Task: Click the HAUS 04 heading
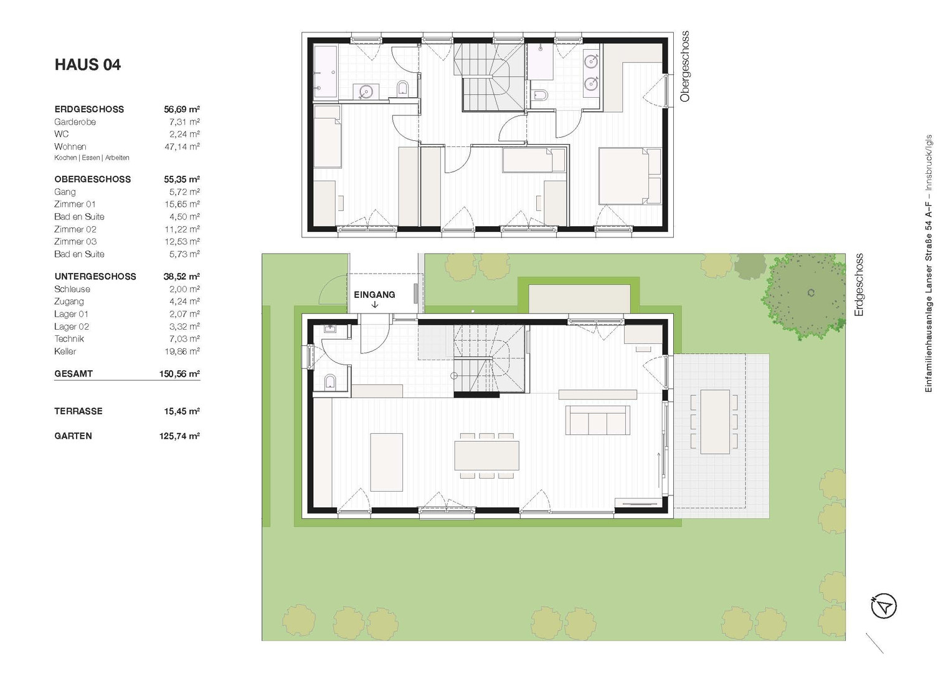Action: click(88, 65)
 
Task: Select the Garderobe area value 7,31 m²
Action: click(184, 122)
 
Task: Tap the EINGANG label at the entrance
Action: click(374, 294)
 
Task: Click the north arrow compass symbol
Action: click(884, 606)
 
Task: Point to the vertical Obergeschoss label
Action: click(684, 66)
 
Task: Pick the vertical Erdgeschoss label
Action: click(859, 285)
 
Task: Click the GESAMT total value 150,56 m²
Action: click(179, 374)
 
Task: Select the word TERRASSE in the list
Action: click(78, 411)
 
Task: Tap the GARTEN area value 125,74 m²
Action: click(179, 436)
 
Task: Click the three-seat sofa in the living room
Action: click(597, 420)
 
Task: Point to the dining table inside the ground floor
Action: click(486, 456)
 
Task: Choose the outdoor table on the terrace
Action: click(715, 422)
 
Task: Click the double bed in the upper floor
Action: click(630, 176)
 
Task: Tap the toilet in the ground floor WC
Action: click(330, 381)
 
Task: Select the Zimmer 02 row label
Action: click(75, 229)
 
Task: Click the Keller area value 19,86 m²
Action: click(182, 351)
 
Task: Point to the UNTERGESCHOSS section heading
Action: click(95, 277)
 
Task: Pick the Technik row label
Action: click(69, 339)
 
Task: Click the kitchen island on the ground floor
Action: click(386, 462)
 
